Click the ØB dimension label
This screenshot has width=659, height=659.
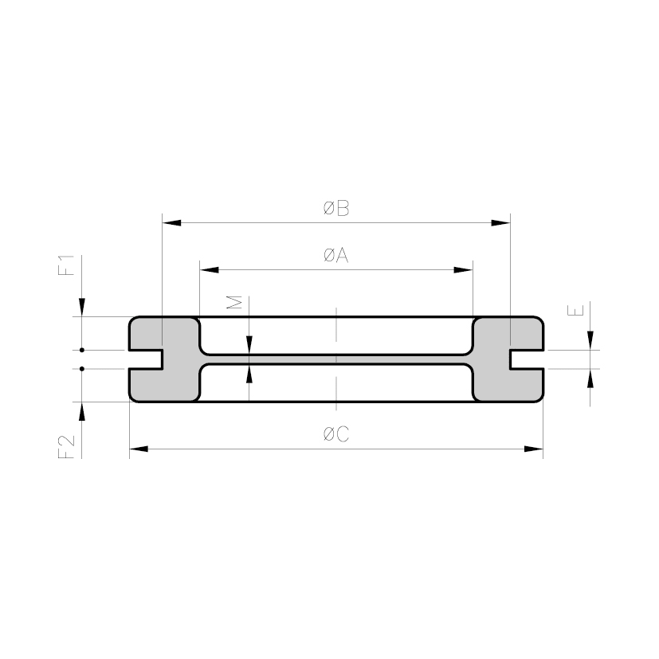(x=336, y=208)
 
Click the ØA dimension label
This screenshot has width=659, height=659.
(x=336, y=255)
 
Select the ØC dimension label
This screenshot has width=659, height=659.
(x=336, y=434)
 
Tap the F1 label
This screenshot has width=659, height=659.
(x=66, y=265)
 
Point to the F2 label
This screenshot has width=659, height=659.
(x=66, y=447)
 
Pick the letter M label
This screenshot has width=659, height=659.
(x=234, y=302)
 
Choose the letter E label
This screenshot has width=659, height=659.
(x=575, y=310)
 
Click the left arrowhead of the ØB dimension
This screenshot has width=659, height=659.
(x=171, y=223)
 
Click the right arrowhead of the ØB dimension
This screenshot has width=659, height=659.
(x=501, y=223)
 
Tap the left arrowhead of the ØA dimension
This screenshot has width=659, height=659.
(x=210, y=270)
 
